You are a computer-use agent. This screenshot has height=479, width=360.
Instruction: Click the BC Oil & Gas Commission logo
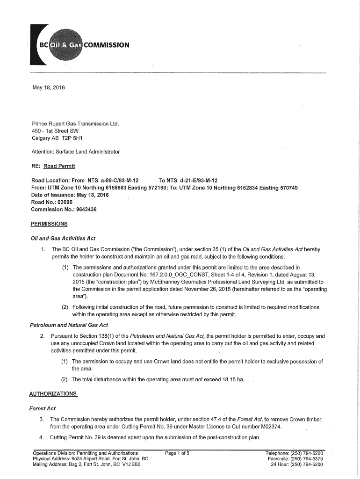tap(79, 45)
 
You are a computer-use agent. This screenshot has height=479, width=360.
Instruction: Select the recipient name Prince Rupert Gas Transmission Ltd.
tap(75, 124)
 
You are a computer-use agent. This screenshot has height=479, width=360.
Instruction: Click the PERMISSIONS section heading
tap(49, 224)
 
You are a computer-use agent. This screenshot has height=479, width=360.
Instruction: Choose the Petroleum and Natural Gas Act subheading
tap(69, 325)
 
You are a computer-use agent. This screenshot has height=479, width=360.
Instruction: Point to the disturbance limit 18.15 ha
tap(229, 379)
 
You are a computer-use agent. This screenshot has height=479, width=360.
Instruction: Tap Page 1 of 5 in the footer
tap(177, 453)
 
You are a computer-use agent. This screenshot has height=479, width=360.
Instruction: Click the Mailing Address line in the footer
tap(86, 464)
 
